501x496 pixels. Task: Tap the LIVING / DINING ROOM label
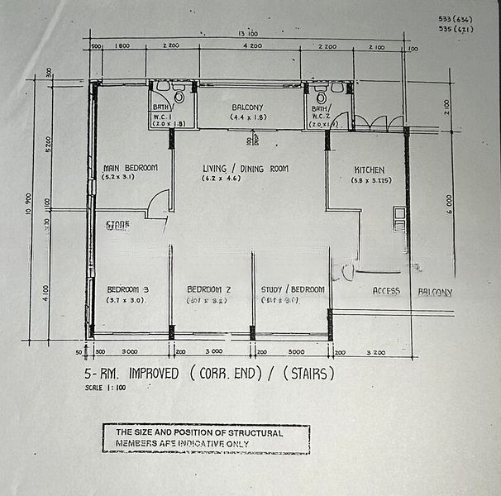pyautogui.click(x=246, y=169)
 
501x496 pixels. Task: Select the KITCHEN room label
pyautogui.click(x=369, y=169)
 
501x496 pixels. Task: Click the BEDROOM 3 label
pyautogui.click(x=127, y=289)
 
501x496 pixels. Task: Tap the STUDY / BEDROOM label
pyautogui.click(x=292, y=289)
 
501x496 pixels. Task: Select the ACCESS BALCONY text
pyautogui.click(x=412, y=292)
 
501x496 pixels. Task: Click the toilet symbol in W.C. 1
pyautogui.click(x=162, y=88)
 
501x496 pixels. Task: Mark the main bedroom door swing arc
pyautogui.click(x=159, y=201)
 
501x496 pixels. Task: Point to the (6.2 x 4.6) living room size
pyautogui.click(x=246, y=179)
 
